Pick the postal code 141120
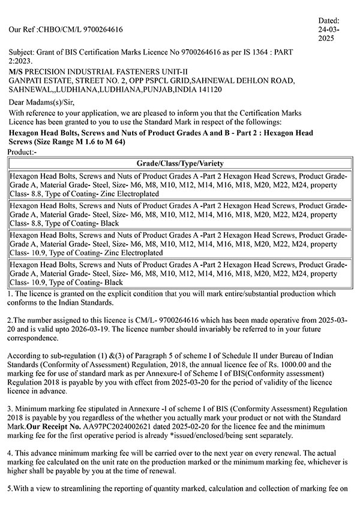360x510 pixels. (x=208, y=89)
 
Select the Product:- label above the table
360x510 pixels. (x=23, y=153)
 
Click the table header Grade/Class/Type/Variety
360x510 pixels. (x=180, y=163)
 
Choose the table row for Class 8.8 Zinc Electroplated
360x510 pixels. (x=180, y=185)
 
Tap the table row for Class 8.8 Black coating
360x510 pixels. (x=180, y=214)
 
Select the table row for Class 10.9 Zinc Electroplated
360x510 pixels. (x=180, y=244)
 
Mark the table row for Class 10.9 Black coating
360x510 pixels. (x=180, y=273)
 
